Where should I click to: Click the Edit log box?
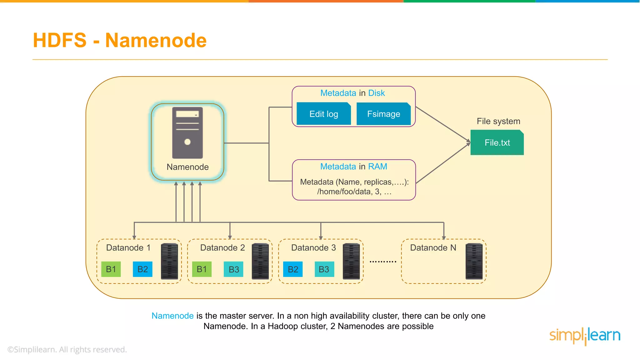coord(323,114)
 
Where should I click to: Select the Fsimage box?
coord(383,114)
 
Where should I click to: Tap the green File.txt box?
coord(497,142)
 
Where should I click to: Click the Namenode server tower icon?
coord(187,133)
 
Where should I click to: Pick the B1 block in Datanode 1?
coord(111,269)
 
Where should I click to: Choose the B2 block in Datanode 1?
coord(142,269)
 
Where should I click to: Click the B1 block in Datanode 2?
coord(202,269)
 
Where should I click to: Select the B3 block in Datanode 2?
coord(233,269)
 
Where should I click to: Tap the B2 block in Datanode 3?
coord(293,269)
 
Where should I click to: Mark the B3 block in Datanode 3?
coord(324,269)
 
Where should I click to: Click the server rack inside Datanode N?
coord(474,261)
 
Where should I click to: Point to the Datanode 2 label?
coord(222,248)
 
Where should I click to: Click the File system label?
coord(498,121)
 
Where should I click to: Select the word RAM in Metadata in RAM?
coord(377,167)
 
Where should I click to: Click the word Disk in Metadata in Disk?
coord(377,93)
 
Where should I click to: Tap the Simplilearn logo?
coord(585,336)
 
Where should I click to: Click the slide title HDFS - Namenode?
coord(120,40)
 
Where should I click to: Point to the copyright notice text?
coord(67,349)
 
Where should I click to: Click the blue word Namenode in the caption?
coord(172,316)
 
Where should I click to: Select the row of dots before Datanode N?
coord(383,261)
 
